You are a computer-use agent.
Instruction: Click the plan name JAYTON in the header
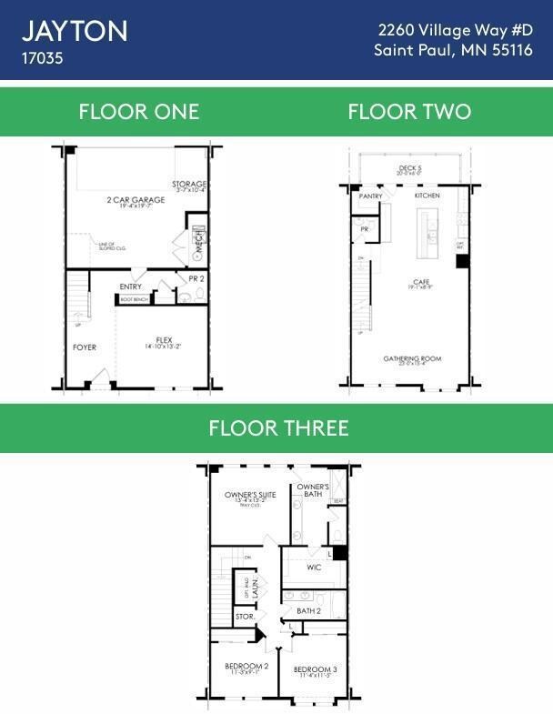coord(75,32)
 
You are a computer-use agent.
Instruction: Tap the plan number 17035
coord(43,57)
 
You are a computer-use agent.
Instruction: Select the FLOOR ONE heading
coord(138,112)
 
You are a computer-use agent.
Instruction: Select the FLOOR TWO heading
coord(409,112)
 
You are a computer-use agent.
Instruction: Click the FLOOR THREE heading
coord(278,427)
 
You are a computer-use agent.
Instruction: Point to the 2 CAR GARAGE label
coord(136,200)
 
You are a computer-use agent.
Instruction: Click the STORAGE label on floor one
coord(189,185)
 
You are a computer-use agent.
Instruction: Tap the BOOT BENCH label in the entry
coord(134,299)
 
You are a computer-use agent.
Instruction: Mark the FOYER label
coord(85,347)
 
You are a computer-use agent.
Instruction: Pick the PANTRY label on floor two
coord(371,196)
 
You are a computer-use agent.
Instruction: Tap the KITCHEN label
coord(427,196)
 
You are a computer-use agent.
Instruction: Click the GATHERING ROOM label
coord(412,358)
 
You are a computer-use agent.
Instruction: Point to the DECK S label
coord(410,168)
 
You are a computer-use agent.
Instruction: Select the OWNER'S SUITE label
coord(250,495)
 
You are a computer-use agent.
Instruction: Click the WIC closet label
coord(314,568)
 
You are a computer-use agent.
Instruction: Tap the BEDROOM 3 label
coord(315,669)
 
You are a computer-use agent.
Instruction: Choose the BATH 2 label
coord(308,611)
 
